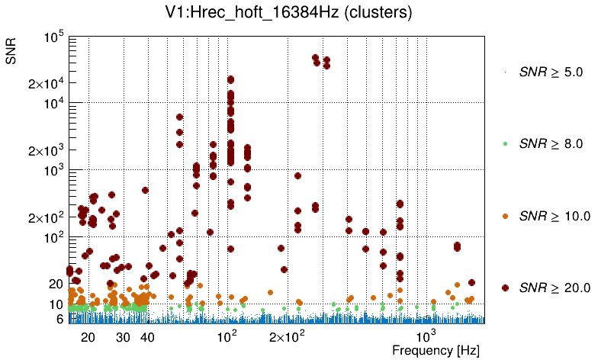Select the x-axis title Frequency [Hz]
pos(436,350)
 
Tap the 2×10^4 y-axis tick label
pos(45,84)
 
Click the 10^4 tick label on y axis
pos(53,104)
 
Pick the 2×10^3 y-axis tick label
pos(45,151)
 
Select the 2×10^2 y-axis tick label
pos(45,218)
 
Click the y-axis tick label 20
pos(56,284)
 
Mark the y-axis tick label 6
pos(59,319)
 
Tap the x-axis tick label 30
pos(123,336)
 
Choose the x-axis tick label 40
pos(148,336)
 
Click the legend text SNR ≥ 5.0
pos(551,72)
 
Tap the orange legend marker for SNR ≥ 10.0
pos(506,216)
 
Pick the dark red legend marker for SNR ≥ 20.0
pos(506,288)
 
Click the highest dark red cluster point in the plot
pos(316,58)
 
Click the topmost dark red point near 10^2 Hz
pos(230,79)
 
